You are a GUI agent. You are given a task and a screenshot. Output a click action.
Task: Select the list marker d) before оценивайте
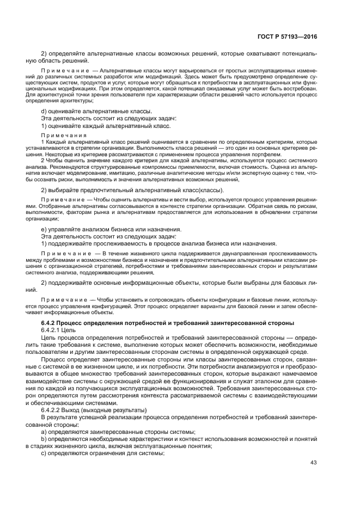[44, 111]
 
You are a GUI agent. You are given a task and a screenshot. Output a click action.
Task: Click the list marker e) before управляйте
[44, 229]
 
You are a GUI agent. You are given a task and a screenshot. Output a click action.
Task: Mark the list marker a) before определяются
[44, 431]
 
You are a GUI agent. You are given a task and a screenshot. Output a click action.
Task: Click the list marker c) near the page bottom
[44, 452]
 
